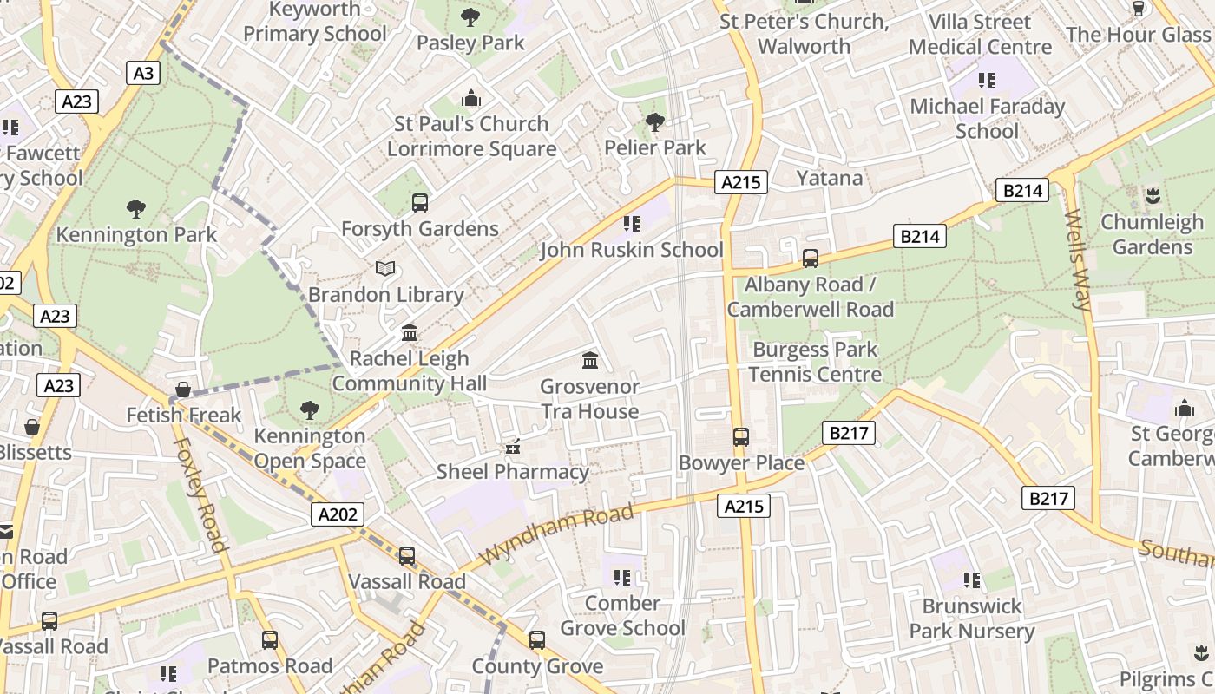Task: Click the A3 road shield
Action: [x=143, y=73]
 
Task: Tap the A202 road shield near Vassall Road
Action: [x=338, y=514]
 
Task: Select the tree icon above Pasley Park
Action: [x=470, y=16]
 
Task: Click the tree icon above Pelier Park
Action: [x=655, y=122]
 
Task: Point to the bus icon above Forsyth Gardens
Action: [x=420, y=203]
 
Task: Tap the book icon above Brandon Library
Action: [x=385, y=269]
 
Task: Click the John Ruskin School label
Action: [x=631, y=250]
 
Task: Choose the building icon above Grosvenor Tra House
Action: [x=590, y=360]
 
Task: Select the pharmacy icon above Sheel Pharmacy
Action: [x=513, y=447]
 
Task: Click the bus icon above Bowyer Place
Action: [x=741, y=437]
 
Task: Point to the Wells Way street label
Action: [x=1077, y=259]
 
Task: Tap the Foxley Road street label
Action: [x=200, y=494]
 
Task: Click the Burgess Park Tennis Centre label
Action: [x=815, y=362]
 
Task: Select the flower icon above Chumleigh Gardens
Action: [x=1153, y=195]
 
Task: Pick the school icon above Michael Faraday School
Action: [x=987, y=81]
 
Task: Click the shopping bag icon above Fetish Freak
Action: [x=183, y=390]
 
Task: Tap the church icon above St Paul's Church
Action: [x=471, y=98]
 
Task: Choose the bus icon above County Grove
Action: [x=537, y=641]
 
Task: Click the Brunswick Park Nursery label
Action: [x=972, y=619]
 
